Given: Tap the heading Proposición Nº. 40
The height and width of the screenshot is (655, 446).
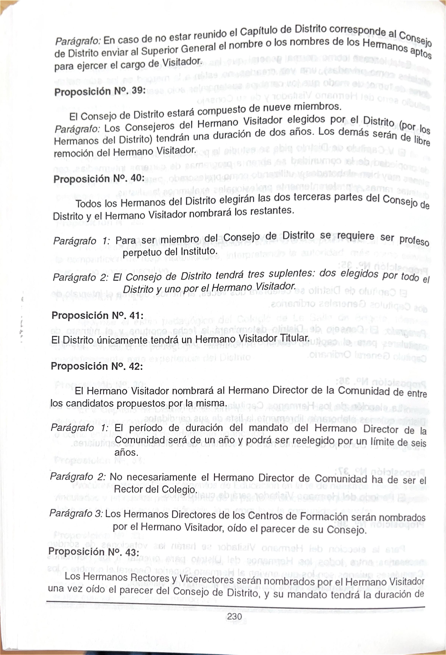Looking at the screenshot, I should (x=99, y=179).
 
